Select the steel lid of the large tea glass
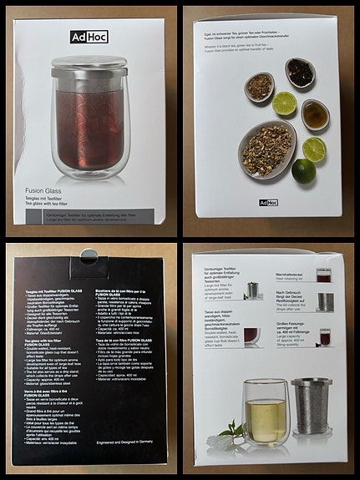[x=89, y=66]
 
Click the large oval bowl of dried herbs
[x=267, y=149]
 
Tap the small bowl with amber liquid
[x=315, y=115]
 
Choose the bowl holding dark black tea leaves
[x=299, y=73]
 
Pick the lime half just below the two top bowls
[x=285, y=104]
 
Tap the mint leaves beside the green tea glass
[x=231, y=433]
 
